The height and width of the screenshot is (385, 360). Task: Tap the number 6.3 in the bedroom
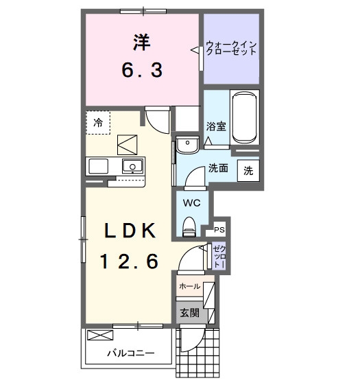[x=142, y=69]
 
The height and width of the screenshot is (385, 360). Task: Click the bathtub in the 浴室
[x=245, y=117]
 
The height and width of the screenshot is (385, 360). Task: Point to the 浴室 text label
[x=216, y=126]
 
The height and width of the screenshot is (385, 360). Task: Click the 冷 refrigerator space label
[x=98, y=123]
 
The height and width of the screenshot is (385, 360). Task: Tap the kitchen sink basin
[x=131, y=166]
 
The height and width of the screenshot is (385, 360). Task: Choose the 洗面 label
[x=218, y=168]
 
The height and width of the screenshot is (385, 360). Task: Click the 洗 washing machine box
[x=248, y=170]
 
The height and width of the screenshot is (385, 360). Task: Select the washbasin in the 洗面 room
[x=187, y=145]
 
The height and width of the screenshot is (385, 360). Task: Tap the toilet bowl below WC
[x=190, y=224]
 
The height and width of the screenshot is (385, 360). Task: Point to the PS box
[x=219, y=230]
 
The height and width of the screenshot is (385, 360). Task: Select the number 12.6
[x=131, y=261]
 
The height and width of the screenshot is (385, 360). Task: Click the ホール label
[x=189, y=286]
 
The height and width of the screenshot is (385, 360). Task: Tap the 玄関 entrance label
[x=190, y=313]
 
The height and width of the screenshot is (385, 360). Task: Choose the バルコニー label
[x=130, y=354]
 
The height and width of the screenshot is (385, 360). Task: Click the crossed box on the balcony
[x=100, y=336]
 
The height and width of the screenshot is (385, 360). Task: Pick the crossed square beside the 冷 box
[x=128, y=145]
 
